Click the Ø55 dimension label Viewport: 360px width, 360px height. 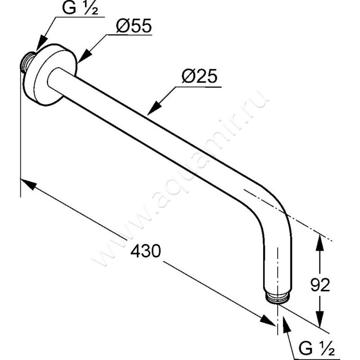tap(134, 26)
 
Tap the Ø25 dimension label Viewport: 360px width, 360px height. tap(199, 76)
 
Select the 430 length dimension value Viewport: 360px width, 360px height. tap(145, 251)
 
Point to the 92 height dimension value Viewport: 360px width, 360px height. tap(320, 285)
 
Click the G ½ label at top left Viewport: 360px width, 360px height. tap(80, 8)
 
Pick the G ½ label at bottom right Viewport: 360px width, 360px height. tap(316, 348)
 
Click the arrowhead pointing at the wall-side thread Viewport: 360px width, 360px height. tap(41, 43)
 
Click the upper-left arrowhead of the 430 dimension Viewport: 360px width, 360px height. tap(28, 184)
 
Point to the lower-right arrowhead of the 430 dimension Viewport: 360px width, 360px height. tap(268, 320)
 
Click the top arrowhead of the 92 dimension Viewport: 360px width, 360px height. tap(319, 242)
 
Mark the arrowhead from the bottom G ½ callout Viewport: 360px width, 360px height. tap(286, 324)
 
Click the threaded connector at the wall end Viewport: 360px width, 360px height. tap(27, 63)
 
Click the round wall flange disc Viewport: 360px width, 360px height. tap(50, 74)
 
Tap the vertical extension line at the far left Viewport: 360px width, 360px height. tap(21, 133)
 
